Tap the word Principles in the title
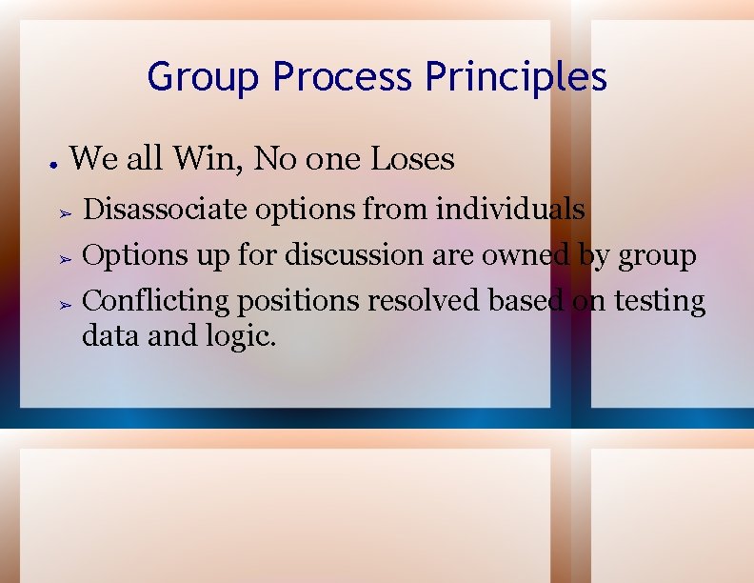click(x=517, y=77)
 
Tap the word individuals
click(x=510, y=208)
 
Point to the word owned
click(x=526, y=255)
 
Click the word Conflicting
click(x=156, y=302)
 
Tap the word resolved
click(x=425, y=301)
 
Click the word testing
click(x=660, y=302)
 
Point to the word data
click(x=109, y=335)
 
